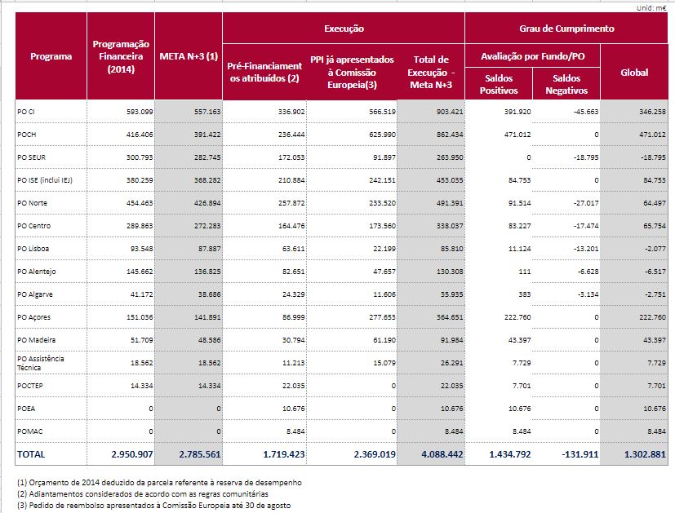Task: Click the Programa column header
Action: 51,56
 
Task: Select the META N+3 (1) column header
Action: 189,56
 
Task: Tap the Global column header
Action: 634,73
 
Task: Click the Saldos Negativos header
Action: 566,84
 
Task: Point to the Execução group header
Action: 344,29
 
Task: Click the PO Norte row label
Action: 33,203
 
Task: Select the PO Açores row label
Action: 33,317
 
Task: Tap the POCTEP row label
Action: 29,386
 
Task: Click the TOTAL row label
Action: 31,454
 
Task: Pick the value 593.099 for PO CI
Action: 140,112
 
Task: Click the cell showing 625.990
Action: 382,135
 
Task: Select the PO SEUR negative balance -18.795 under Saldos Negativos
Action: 586,157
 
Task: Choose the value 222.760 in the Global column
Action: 653,317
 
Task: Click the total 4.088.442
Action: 442,454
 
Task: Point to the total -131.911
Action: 580,454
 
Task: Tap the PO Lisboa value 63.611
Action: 291,249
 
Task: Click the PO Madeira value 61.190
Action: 384,340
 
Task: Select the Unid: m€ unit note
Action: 651,7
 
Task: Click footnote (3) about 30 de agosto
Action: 153,506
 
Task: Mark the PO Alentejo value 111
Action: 524,272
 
